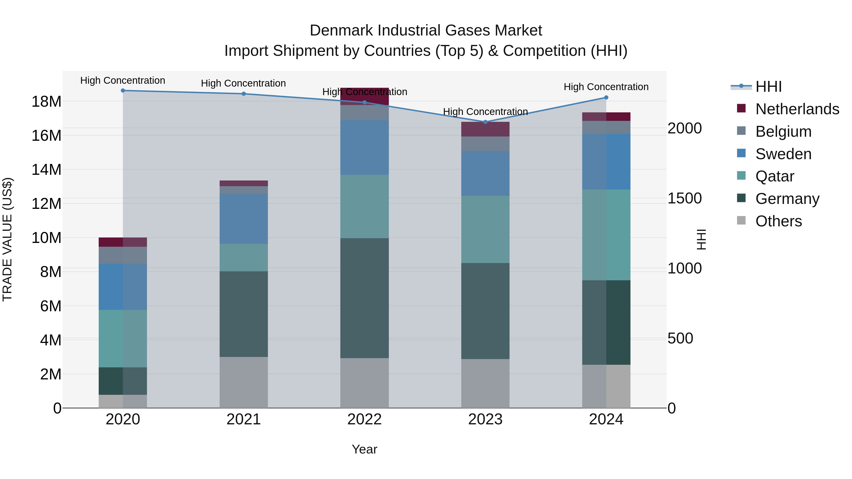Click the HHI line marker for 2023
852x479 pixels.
pos(485,122)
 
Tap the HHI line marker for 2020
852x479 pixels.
pos(123,91)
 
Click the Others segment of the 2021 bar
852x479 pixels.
pos(244,382)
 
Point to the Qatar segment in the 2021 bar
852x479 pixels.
pos(244,258)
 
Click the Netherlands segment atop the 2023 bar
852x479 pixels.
pos(485,129)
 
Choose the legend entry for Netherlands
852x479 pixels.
pos(797,109)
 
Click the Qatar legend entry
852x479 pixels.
pos(775,176)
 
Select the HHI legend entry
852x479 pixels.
pos(768,87)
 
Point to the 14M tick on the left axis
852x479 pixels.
pos(46,170)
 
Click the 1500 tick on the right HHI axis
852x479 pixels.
pos(684,198)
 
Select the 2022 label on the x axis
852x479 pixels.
pos(364,419)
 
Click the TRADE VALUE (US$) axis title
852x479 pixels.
pos(7,239)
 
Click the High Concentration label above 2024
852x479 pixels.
pos(606,87)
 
